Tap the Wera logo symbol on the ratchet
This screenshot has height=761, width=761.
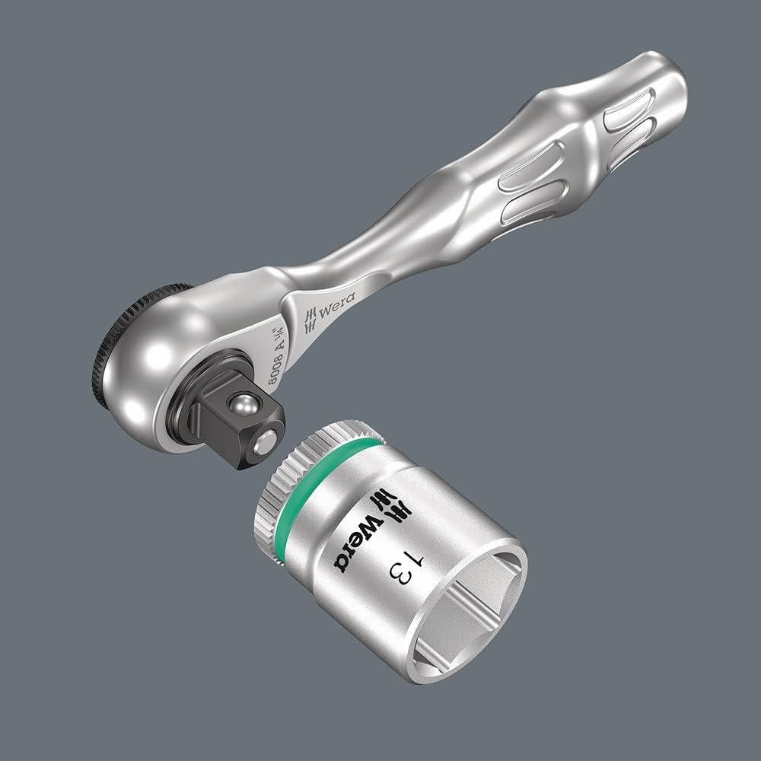click(x=310, y=322)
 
